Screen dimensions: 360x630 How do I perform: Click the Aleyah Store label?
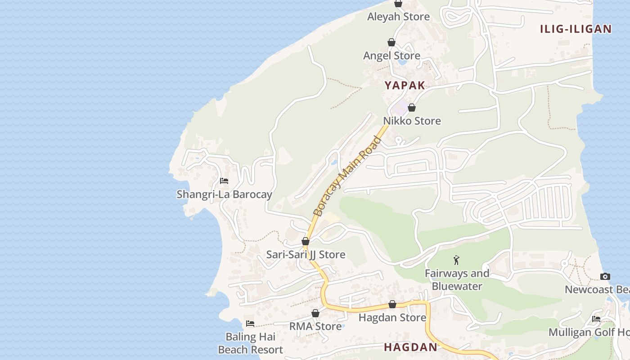click(x=398, y=17)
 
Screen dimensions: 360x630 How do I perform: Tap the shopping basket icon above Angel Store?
click(x=391, y=42)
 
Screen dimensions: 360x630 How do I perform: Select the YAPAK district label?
click(x=405, y=85)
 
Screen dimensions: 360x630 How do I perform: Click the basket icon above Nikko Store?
click(x=411, y=108)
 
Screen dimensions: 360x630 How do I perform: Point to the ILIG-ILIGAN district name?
click(x=576, y=29)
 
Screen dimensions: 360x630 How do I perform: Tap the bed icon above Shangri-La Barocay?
click(x=224, y=181)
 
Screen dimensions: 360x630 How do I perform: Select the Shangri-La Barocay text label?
click(x=224, y=194)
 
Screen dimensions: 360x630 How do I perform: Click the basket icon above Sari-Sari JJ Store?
click(x=306, y=241)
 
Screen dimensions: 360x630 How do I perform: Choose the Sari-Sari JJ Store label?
click(x=306, y=255)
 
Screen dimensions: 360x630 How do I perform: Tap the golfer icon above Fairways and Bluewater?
click(x=457, y=260)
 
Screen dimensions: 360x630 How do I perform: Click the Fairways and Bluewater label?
click(x=457, y=279)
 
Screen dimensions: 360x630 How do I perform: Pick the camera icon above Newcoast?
click(x=605, y=276)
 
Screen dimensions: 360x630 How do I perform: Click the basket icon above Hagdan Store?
click(x=392, y=304)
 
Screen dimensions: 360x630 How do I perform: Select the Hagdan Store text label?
click(x=392, y=318)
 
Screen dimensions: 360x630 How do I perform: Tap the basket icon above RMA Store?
click(x=315, y=313)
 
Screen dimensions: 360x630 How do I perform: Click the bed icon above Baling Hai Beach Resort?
click(x=250, y=324)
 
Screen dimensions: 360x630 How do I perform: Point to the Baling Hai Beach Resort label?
click(x=250, y=343)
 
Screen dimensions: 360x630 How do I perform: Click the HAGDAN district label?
click(x=410, y=347)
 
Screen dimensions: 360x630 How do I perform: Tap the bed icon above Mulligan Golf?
click(x=596, y=319)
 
